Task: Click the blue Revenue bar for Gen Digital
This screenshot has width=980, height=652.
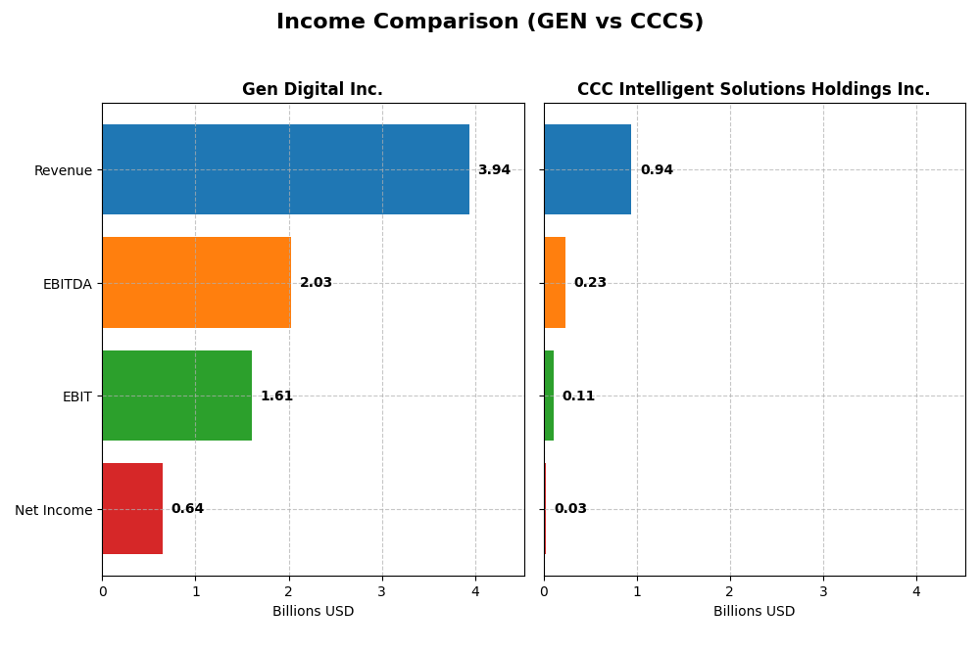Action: point(285,169)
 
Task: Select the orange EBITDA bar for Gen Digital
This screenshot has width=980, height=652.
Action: point(196,283)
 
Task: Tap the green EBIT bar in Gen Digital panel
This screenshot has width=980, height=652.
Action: point(176,396)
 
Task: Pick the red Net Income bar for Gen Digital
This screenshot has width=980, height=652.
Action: point(132,509)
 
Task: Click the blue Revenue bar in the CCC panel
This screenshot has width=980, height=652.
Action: point(587,169)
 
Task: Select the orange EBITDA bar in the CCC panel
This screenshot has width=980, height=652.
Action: point(555,283)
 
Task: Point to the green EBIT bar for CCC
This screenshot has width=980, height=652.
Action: point(549,396)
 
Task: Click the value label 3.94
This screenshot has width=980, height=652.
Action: point(494,170)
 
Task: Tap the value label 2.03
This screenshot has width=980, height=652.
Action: point(316,283)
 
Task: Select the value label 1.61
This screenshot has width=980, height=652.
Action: point(276,396)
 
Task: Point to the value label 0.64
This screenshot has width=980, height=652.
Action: point(187,509)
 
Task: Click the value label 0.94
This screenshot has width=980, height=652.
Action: point(657,170)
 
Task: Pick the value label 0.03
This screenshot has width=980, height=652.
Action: point(570,509)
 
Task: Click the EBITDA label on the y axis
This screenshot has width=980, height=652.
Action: point(67,284)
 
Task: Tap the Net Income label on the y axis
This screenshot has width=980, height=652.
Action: point(53,510)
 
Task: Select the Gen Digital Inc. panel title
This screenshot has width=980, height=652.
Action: point(313,90)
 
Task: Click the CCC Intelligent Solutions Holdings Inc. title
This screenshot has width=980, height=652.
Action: point(754,90)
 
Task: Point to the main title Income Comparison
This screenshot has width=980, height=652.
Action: point(490,22)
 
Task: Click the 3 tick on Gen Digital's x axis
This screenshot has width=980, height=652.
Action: point(382,591)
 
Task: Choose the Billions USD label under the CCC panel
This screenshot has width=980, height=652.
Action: point(754,612)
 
